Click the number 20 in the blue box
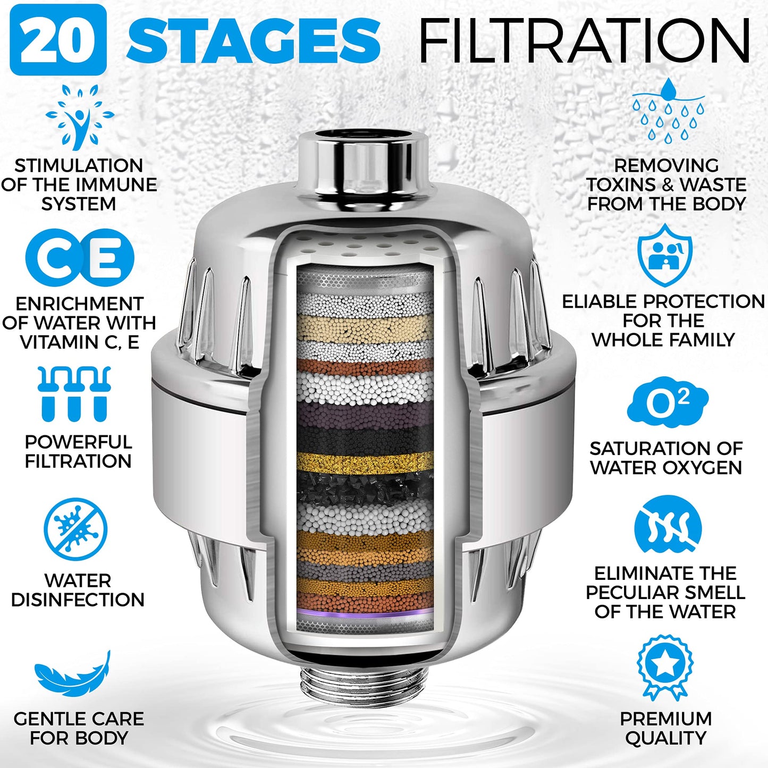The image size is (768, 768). point(58,40)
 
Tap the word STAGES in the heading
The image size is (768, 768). point(253,40)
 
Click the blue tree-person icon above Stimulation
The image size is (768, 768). point(80,116)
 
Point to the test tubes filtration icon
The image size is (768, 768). point(74,394)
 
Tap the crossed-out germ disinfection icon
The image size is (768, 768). point(75,529)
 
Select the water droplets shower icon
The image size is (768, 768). point(668,111)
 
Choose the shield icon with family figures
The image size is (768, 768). point(665,255)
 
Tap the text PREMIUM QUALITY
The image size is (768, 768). point(665,728)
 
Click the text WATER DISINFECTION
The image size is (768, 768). point(78,590)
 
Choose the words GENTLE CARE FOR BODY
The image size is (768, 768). point(79,728)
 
